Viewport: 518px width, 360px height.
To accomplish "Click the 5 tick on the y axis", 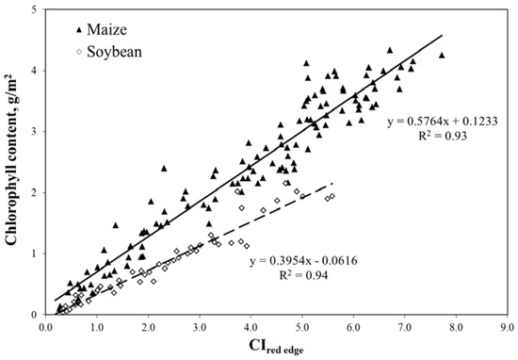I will pyautogui.click(x=36, y=10).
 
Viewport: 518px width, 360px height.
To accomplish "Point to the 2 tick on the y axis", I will pyautogui.click(x=36, y=192).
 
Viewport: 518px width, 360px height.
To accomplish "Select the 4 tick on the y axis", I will pyautogui.click(x=36, y=71).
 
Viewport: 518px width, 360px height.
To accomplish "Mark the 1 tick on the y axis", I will pyautogui.click(x=36, y=254).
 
